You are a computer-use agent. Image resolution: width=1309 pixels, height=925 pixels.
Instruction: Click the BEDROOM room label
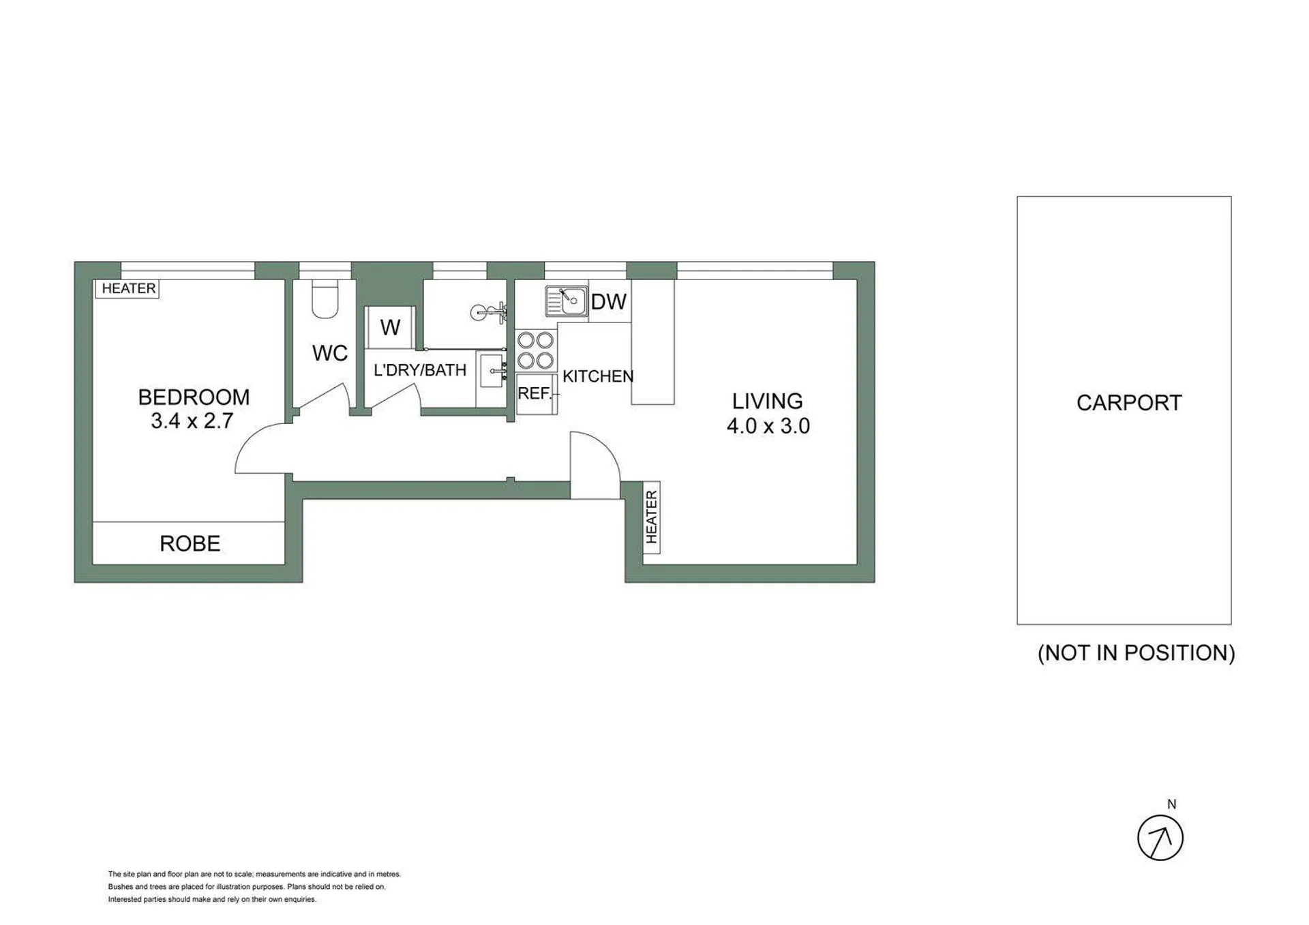pos(194,397)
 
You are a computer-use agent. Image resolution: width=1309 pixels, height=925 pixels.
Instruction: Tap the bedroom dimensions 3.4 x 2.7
pos(192,421)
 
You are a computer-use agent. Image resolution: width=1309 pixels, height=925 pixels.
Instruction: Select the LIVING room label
pos(767,401)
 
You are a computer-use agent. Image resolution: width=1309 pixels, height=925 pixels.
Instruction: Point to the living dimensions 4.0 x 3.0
pos(768,426)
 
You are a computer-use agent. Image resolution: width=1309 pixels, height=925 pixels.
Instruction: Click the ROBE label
pos(190,543)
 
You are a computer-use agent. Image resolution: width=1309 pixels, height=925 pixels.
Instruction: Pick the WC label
pos(330,353)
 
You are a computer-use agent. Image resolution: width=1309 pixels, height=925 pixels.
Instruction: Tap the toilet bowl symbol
pos(325,299)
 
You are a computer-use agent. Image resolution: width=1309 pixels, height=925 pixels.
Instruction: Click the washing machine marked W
pos(390,327)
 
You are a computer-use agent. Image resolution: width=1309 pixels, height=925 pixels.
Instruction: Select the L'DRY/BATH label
pos(420,370)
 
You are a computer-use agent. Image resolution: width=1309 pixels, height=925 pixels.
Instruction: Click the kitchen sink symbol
pos(567,301)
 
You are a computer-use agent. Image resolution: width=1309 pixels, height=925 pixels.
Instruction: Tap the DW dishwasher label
pos(608,302)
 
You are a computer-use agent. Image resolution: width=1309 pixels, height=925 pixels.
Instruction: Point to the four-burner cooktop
pos(536,350)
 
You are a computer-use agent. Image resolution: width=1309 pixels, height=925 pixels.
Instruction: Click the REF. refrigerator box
pos(537,394)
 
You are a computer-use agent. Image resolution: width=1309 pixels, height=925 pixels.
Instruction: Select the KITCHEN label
pos(598,376)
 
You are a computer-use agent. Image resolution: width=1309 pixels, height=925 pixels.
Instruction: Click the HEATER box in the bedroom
pos(127,289)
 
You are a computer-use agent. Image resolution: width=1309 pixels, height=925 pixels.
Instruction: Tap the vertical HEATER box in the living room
pos(651,517)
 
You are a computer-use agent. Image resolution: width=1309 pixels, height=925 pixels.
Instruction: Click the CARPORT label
pos(1129,403)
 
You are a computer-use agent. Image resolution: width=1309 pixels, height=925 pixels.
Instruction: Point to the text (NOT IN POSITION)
pos(1137,653)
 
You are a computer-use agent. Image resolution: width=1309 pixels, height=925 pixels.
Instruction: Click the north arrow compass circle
pos(1160,838)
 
